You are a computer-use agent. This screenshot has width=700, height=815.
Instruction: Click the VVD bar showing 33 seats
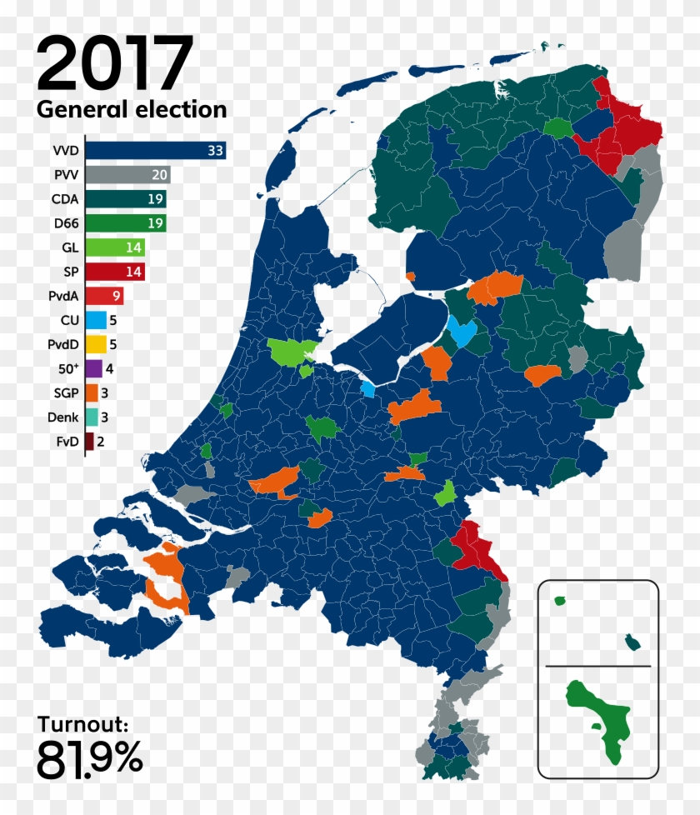click(155, 151)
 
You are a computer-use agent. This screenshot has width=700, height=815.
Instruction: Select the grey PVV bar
click(127, 175)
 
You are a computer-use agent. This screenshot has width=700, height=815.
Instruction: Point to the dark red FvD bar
click(89, 441)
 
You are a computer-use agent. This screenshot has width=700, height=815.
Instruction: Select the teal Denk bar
click(91, 417)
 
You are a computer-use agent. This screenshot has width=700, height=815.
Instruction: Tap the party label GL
click(69, 247)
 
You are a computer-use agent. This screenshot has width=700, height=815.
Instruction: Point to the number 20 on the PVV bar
click(159, 175)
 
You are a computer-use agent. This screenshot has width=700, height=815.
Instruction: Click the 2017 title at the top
click(114, 64)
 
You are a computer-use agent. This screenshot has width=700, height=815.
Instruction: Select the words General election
click(131, 109)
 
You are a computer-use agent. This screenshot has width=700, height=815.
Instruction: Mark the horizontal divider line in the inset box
click(597, 666)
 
